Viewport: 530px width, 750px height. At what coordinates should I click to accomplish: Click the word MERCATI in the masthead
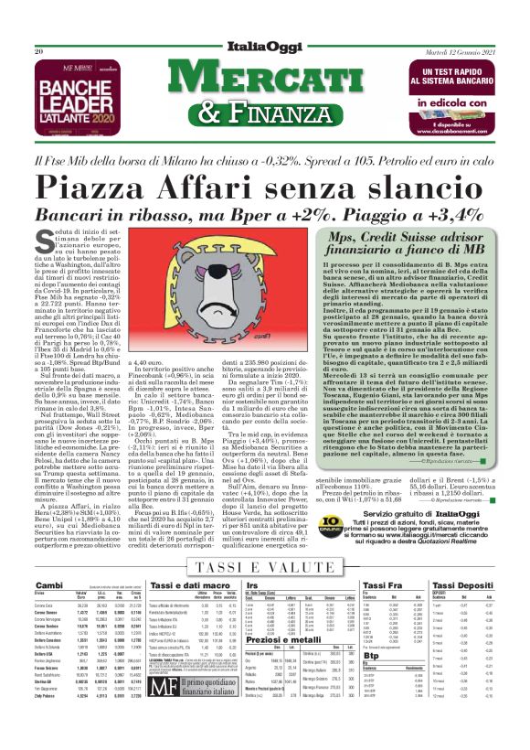pyautogui.click(x=264, y=78)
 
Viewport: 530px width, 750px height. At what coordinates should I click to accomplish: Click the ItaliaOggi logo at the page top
pyautogui.click(x=265, y=48)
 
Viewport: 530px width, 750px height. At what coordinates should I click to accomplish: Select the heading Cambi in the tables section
pyautogui.click(x=48, y=584)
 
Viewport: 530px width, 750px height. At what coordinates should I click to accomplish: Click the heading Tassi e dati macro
pyautogui.click(x=186, y=584)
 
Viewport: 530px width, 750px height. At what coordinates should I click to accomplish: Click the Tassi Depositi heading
pyautogui.click(x=462, y=584)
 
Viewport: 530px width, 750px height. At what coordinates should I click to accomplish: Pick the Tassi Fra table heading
pyautogui.click(x=383, y=584)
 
